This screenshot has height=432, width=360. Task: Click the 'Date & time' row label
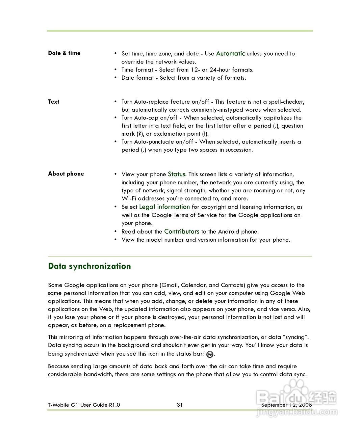[x=64, y=53]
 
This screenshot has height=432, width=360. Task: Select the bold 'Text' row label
[x=53, y=102]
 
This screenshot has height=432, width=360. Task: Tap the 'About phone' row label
[x=66, y=174]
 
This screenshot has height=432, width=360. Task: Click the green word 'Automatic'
[x=230, y=53]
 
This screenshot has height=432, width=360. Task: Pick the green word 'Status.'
[x=177, y=174]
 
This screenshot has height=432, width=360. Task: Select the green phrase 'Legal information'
[x=164, y=207]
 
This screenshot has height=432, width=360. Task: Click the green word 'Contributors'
[x=182, y=232]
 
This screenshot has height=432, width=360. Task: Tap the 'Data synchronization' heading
[x=89, y=266]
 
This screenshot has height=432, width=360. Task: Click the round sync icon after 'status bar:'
[x=210, y=354]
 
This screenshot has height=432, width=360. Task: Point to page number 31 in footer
[x=180, y=405]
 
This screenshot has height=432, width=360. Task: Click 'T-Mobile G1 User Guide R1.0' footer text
[x=84, y=405]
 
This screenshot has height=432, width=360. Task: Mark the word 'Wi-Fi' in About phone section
[x=129, y=198]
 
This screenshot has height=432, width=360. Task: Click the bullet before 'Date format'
[x=115, y=78]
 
